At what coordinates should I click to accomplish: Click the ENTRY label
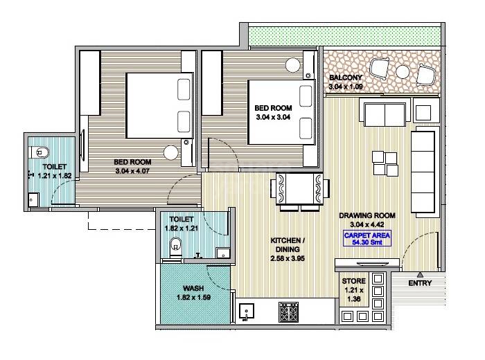pyautogui.click(x=420, y=282)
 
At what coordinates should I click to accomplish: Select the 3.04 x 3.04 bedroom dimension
pyautogui.click(x=272, y=118)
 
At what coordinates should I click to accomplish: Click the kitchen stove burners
pyautogui.click(x=288, y=314)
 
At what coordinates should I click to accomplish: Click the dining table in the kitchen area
pyautogui.click(x=298, y=189)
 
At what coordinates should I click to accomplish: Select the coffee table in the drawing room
pyautogui.click(x=384, y=162)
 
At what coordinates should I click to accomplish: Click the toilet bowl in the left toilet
pyautogui.click(x=39, y=150)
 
